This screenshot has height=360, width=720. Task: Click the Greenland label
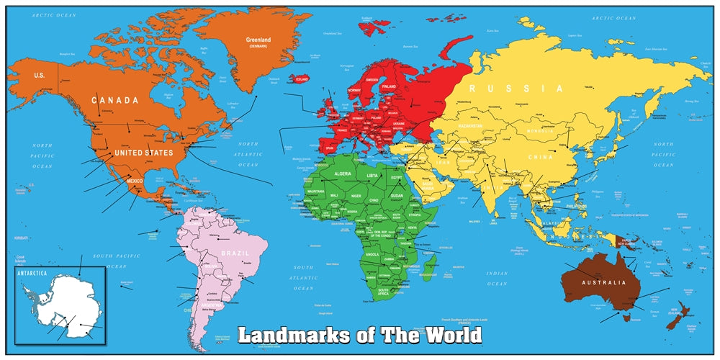tap(258, 40)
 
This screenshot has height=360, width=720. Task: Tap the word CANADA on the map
tap(114, 100)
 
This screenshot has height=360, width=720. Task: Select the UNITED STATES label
tap(145, 153)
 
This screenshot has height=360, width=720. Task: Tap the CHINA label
tap(540, 157)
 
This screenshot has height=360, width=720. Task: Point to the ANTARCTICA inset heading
tap(32, 273)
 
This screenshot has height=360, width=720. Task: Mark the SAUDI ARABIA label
tap(423, 184)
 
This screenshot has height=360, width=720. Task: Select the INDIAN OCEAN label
tap(497, 276)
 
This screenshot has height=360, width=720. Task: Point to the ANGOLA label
tap(373, 254)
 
